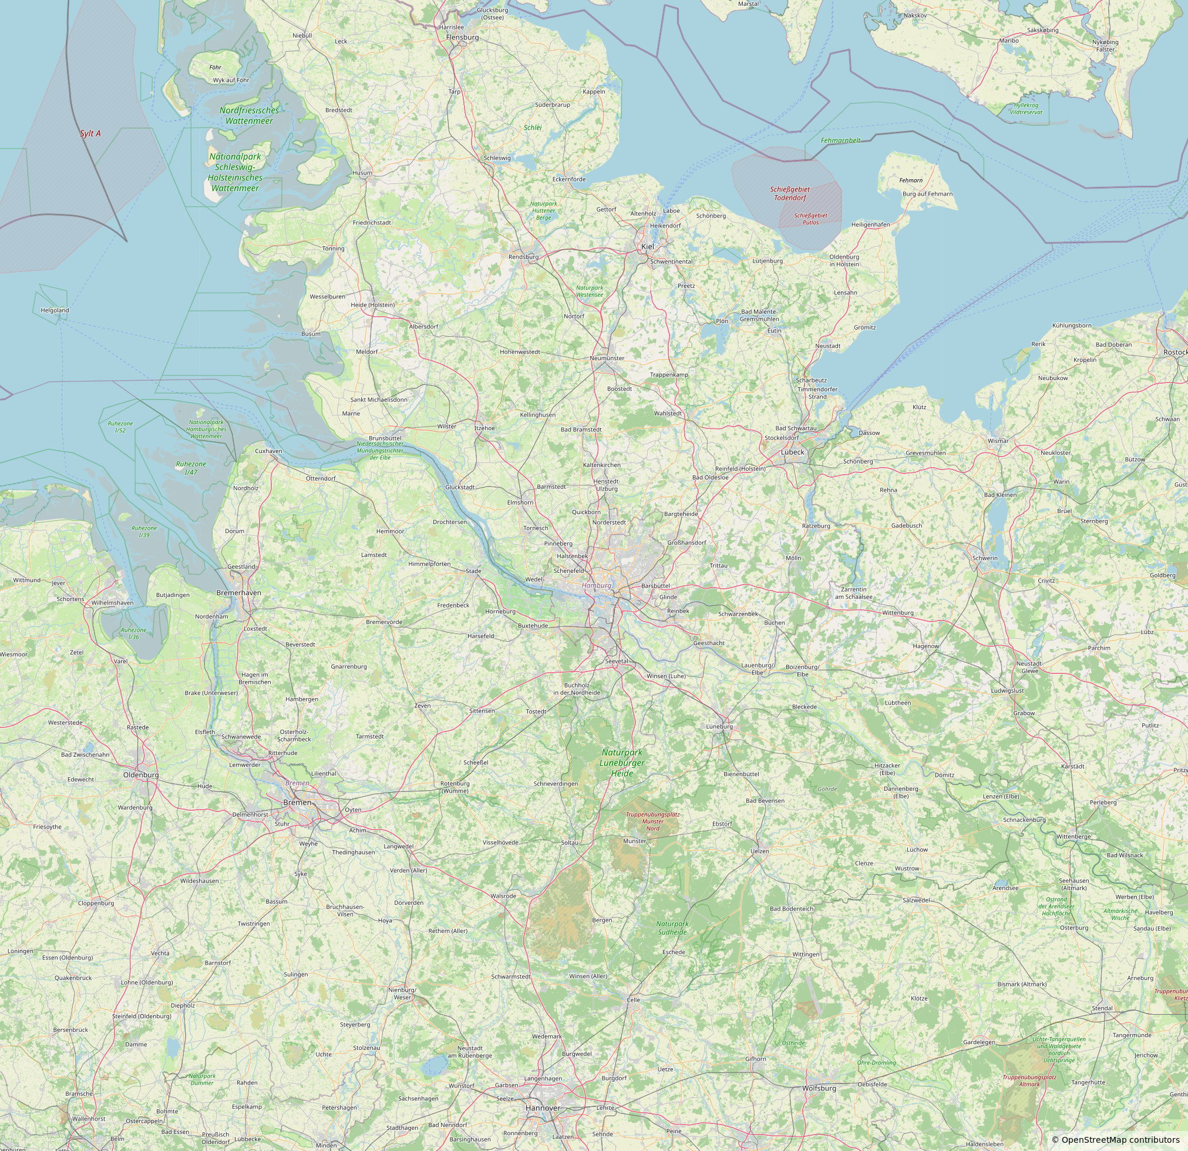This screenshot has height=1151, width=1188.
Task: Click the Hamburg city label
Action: click(x=597, y=585)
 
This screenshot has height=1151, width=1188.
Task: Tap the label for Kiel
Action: click(x=647, y=246)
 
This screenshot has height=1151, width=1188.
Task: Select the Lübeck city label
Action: click(x=792, y=452)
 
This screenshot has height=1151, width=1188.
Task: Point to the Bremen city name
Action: click(x=297, y=803)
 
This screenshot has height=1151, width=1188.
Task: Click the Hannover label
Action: click(x=543, y=1108)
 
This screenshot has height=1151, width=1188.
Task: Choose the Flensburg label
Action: click(x=462, y=37)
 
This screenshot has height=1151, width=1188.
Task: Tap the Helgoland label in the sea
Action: click(x=55, y=310)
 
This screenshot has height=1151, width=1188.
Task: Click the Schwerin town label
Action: click(x=984, y=558)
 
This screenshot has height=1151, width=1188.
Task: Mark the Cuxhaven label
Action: click(x=268, y=451)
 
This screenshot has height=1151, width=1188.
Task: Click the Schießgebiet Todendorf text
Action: click(x=790, y=193)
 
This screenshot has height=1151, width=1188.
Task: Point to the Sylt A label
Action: click(x=90, y=133)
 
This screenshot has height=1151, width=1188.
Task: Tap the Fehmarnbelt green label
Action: click(x=840, y=140)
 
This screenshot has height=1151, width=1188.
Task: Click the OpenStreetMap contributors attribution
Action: click(x=1115, y=1139)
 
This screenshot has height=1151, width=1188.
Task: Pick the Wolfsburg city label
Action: click(x=819, y=1088)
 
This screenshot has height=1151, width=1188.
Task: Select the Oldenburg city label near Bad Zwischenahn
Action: click(x=140, y=774)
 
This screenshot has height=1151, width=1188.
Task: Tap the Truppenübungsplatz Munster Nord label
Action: click(x=652, y=821)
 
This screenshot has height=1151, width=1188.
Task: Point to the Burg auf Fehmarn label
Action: click(x=927, y=194)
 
